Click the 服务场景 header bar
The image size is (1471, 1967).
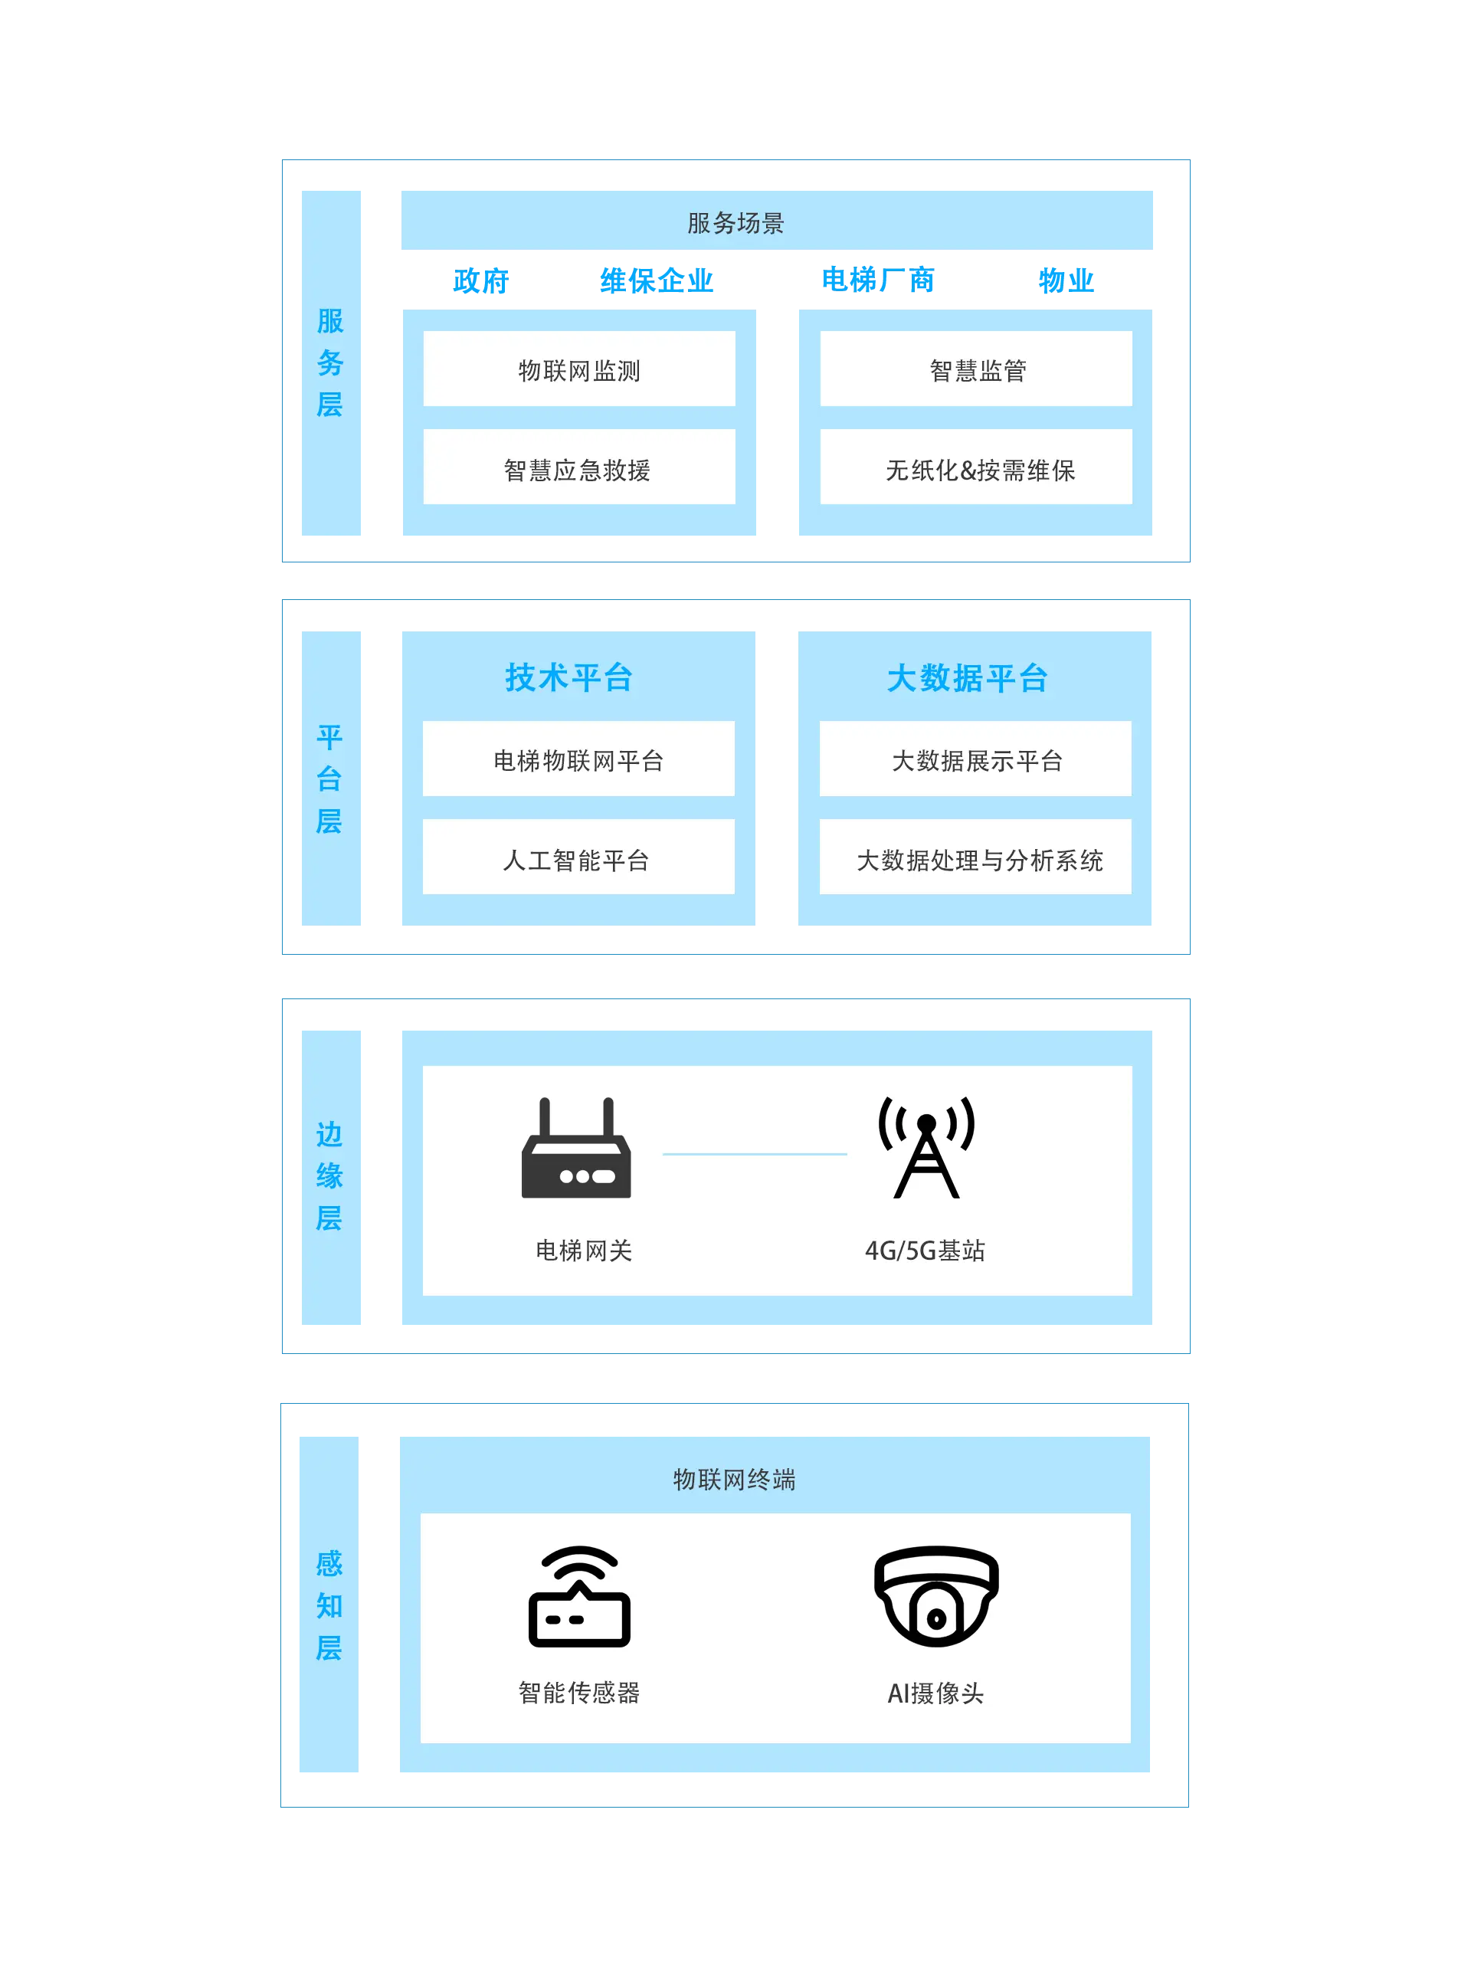point(776,220)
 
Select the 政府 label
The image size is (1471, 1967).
point(480,281)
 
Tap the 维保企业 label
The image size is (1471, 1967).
point(657,281)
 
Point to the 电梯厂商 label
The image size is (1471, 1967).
point(878,280)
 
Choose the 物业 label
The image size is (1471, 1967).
point(1066,281)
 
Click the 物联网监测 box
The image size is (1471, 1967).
point(579,369)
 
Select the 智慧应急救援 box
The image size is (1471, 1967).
point(579,467)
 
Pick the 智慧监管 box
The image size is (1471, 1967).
point(975,369)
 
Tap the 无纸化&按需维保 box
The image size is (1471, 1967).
point(975,467)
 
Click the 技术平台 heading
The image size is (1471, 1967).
point(569,677)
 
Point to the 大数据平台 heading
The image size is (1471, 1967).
point(968,678)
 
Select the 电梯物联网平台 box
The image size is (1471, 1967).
point(578,759)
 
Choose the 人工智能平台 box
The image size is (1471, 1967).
point(578,857)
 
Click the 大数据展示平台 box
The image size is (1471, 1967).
point(975,759)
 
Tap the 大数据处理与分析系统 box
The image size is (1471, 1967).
point(975,857)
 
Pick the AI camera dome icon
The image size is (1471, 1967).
point(936,1596)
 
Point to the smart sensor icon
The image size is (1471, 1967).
point(579,1596)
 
